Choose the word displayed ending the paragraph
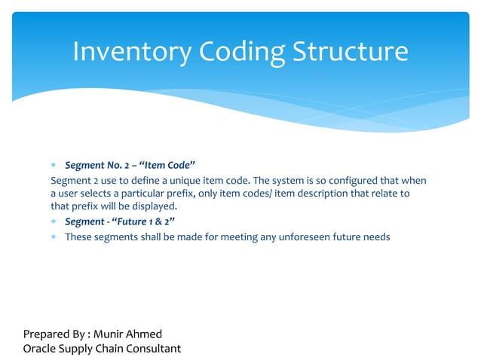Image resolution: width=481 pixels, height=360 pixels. tap(154, 206)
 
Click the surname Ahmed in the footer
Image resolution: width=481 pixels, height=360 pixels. tap(146, 334)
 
